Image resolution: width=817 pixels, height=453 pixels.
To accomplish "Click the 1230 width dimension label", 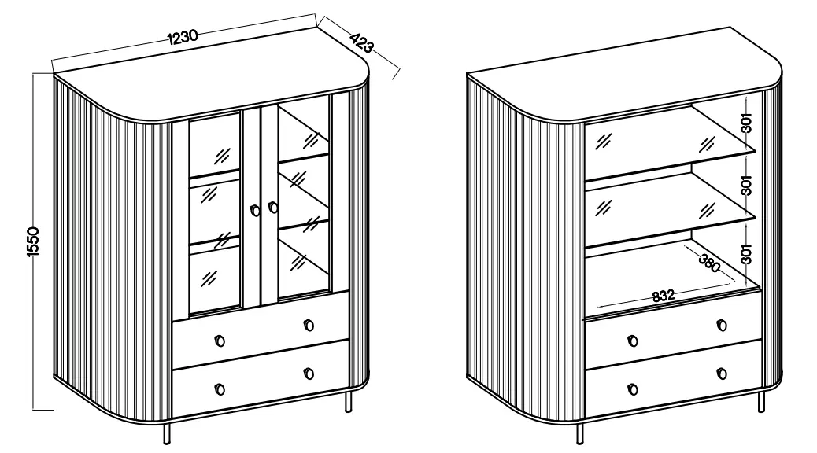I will [x=182, y=36].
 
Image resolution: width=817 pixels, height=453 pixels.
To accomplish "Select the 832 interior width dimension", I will [x=664, y=296].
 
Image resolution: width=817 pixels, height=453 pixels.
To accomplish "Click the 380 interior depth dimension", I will [x=708, y=263].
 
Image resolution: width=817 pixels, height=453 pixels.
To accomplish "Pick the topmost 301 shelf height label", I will [x=747, y=123].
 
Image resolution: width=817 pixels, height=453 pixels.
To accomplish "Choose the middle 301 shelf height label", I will [x=747, y=186].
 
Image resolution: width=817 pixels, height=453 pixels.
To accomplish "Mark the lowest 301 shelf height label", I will [x=747, y=252].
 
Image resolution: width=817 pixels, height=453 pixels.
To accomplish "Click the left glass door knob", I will [x=254, y=210].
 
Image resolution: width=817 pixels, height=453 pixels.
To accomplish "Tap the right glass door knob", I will [x=273, y=208].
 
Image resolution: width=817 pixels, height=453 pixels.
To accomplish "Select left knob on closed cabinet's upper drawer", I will [x=219, y=340].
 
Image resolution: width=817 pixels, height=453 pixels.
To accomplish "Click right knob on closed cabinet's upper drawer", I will [x=309, y=325].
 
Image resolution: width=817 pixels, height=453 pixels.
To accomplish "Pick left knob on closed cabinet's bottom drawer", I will [x=219, y=389].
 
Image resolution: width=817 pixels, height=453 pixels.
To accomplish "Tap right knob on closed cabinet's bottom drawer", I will [x=309, y=374].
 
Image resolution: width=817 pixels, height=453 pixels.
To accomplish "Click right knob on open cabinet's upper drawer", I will [x=722, y=325].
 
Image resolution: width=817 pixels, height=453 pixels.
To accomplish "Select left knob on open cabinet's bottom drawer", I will [x=632, y=389].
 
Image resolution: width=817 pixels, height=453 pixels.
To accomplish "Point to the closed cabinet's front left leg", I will [x=165, y=435].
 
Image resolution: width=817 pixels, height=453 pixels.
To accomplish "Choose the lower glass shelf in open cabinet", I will [x=669, y=204].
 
